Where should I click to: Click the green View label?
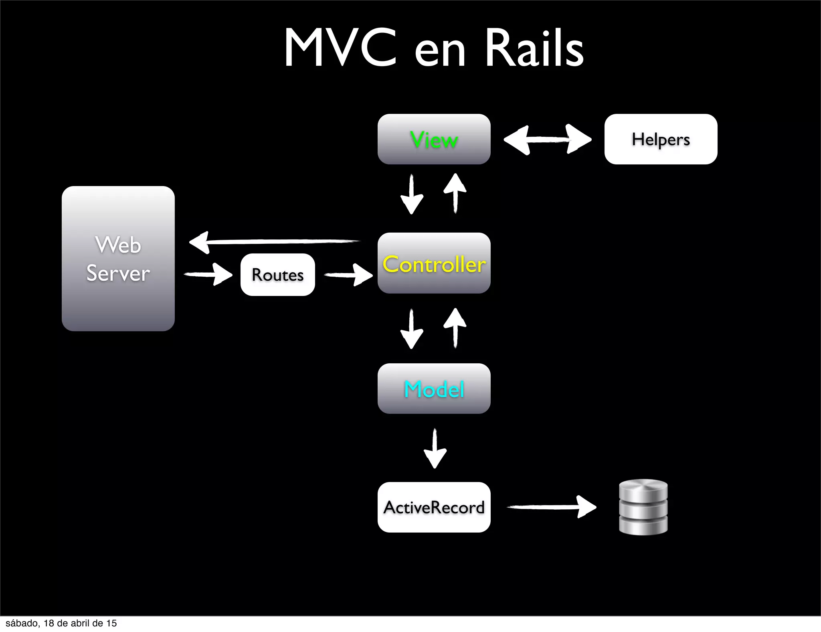[434, 140]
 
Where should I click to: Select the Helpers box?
[661, 139]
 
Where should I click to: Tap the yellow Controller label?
[434, 264]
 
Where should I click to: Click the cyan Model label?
[434, 389]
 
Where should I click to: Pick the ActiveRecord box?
[434, 507]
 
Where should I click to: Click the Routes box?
[277, 275]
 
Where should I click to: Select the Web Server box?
[118, 259]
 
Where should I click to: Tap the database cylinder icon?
[643, 507]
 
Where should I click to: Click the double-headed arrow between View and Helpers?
[547, 139]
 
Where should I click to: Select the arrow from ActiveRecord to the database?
[551, 507]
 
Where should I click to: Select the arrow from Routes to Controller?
[348, 275]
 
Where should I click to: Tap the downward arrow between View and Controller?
[412, 194]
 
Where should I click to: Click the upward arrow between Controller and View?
[455, 193]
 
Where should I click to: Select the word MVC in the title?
[340, 48]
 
